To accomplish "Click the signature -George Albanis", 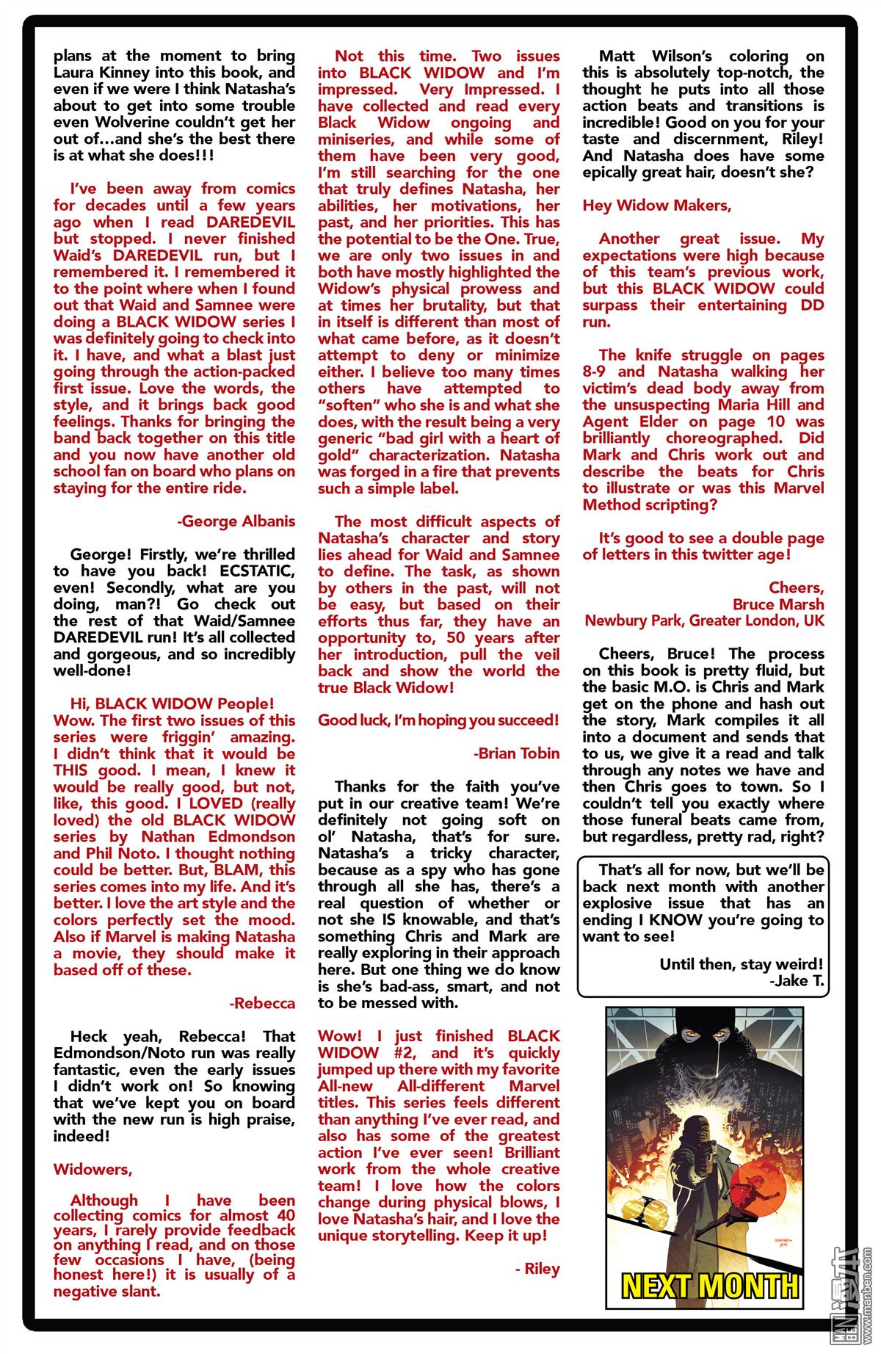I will (x=236, y=521).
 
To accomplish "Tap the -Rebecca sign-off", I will (x=262, y=1003).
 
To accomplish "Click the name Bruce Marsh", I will (x=778, y=604).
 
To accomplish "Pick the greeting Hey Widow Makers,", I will (x=656, y=206).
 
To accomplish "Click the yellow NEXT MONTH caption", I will (x=709, y=1286).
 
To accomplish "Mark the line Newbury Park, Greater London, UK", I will (x=703, y=621).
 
